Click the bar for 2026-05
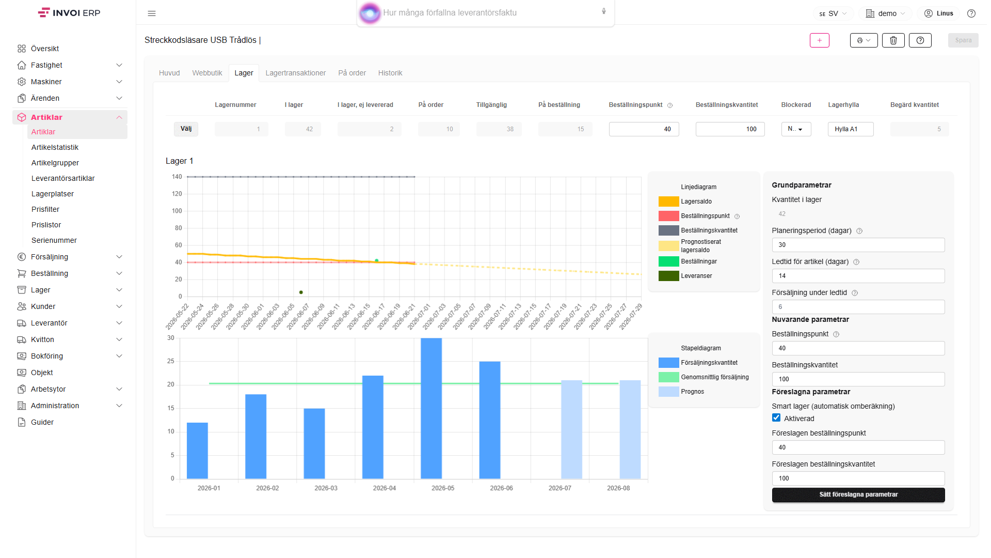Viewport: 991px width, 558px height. click(x=431, y=408)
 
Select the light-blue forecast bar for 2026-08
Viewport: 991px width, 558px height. click(x=630, y=429)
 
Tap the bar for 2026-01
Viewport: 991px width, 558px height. click(x=197, y=451)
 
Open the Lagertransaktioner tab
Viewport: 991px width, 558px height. click(x=296, y=73)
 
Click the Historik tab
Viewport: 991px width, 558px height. click(x=390, y=73)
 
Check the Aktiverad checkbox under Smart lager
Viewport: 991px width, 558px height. click(x=776, y=417)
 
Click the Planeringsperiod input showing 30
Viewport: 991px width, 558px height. click(x=858, y=245)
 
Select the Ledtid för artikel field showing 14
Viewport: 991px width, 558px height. click(x=858, y=276)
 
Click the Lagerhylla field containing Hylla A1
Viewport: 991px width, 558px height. click(x=851, y=129)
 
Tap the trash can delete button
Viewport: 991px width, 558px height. click(x=893, y=40)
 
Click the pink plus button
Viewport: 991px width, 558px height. click(x=820, y=40)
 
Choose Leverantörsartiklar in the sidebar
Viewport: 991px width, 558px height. click(x=63, y=178)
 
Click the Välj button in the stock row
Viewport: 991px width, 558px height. click(x=186, y=129)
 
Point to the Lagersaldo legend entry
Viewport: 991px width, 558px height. click(x=685, y=202)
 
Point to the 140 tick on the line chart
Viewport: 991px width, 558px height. click(x=177, y=177)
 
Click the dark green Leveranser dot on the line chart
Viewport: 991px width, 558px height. click(x=301, y=292)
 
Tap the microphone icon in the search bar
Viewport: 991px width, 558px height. click(x=604, y=11)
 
